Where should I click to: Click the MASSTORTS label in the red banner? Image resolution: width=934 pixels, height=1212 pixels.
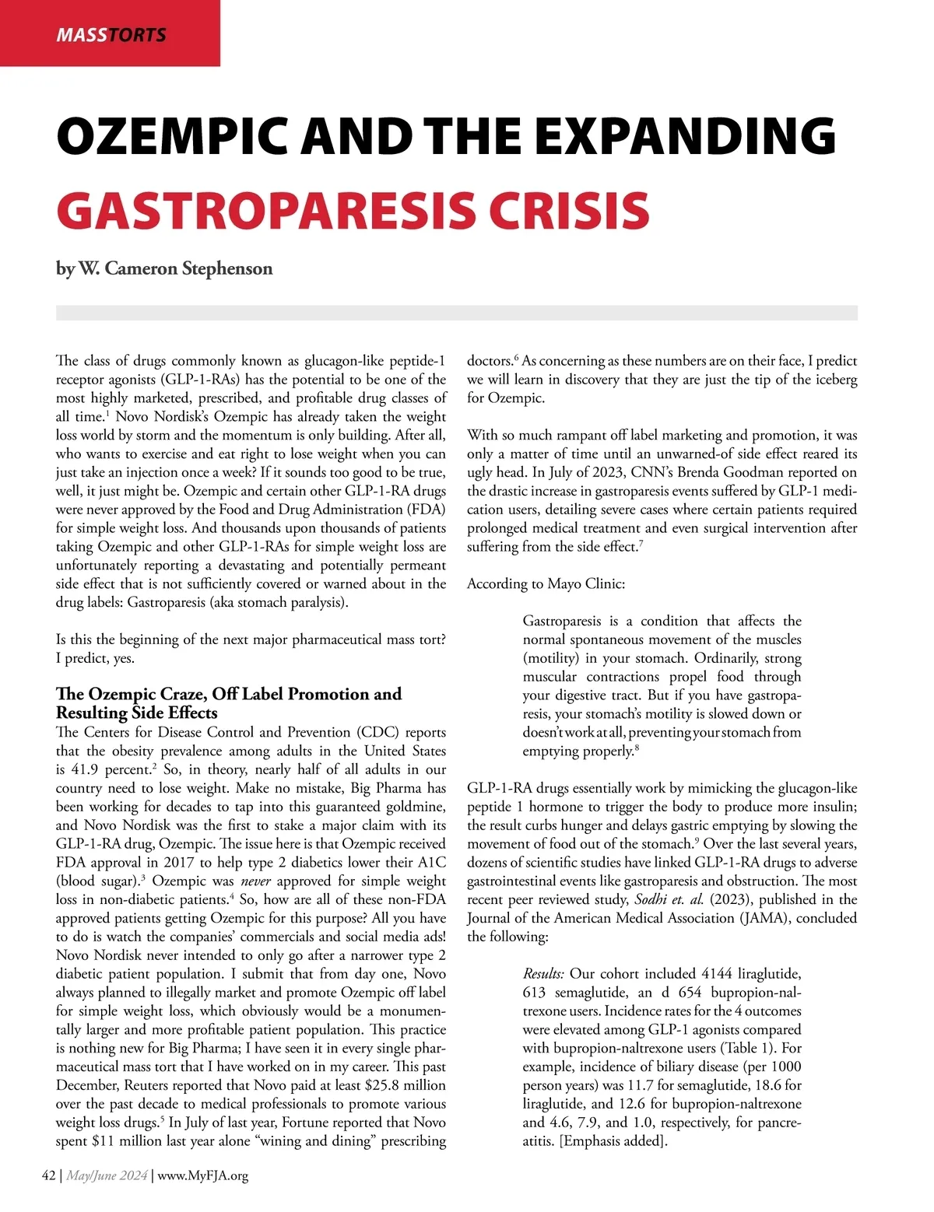[111, 35]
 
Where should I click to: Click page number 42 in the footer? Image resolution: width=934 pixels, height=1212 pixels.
[48, 1175]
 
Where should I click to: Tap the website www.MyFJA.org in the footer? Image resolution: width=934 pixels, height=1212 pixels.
[203, 1175]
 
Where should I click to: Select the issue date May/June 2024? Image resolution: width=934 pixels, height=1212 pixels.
[107, 1175]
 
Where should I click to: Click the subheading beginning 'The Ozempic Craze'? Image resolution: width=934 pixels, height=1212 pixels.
[229, 694]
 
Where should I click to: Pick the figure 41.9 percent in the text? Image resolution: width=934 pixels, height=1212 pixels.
[107, 769]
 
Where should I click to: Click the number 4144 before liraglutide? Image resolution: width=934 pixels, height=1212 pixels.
[717, 974]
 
